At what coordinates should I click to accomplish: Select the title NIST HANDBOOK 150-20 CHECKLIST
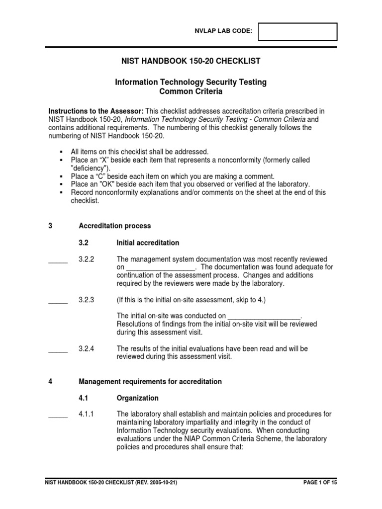click(x=191, y=61)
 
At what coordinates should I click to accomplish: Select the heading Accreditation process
click(x=115, y=226)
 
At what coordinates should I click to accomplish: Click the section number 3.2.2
click(x=87, y=259)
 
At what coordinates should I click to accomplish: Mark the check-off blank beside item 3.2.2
click(x=58, y=260)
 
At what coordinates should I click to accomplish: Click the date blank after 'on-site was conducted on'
click(x=265, y=316)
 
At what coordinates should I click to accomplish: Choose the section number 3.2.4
click(x=87, y=348)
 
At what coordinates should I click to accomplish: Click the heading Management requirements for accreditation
click(x=150, y=381)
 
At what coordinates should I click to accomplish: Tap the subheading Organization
click(x=138, y=398)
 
